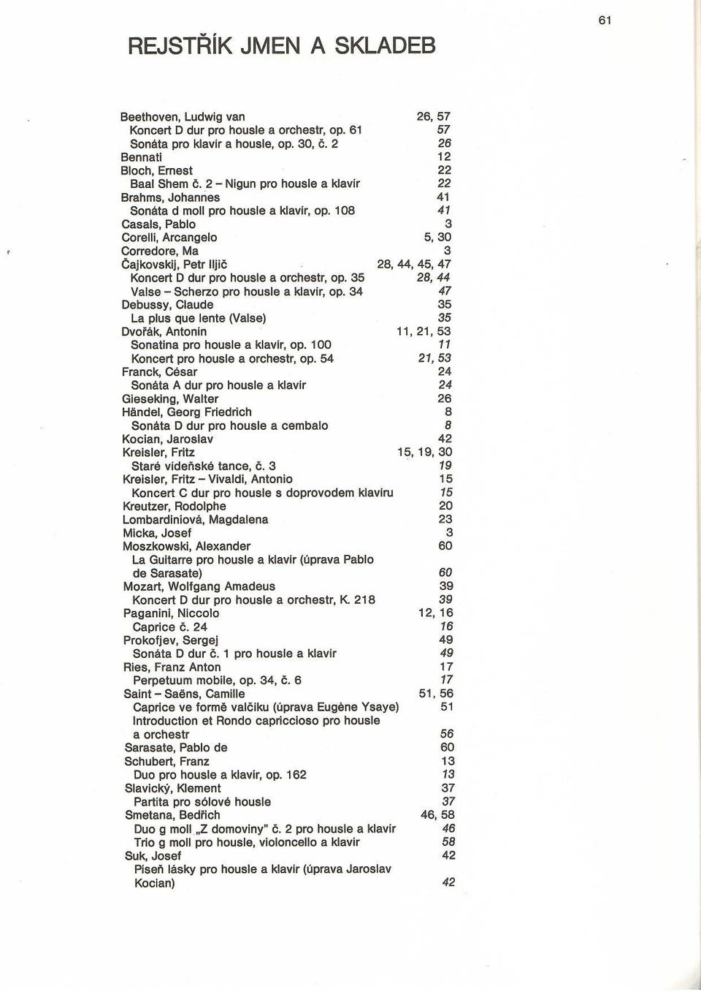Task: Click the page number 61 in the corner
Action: [605, 20]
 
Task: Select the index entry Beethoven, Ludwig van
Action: [183, 117]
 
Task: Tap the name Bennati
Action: [141, 157]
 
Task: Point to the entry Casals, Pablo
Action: [158, 224]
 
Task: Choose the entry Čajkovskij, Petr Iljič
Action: [175, 265]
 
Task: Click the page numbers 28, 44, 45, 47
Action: [413, 265]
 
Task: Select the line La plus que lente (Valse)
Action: [198, 319]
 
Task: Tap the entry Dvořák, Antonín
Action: [164, 332]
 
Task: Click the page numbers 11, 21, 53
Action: [424, 332]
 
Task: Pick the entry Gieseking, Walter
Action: [170, 399]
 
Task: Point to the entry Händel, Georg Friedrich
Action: [187, 412]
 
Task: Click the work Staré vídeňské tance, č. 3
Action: [204, 466]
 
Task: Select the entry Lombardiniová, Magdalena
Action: [196, 520]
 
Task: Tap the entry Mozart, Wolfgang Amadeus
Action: [199, 587]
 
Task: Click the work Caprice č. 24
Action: [169, 627]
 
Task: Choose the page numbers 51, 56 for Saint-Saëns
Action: [436, 694]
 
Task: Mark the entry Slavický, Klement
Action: [172, 789]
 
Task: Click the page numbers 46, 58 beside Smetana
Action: [437, 815]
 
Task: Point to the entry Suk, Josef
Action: [153, 856]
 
